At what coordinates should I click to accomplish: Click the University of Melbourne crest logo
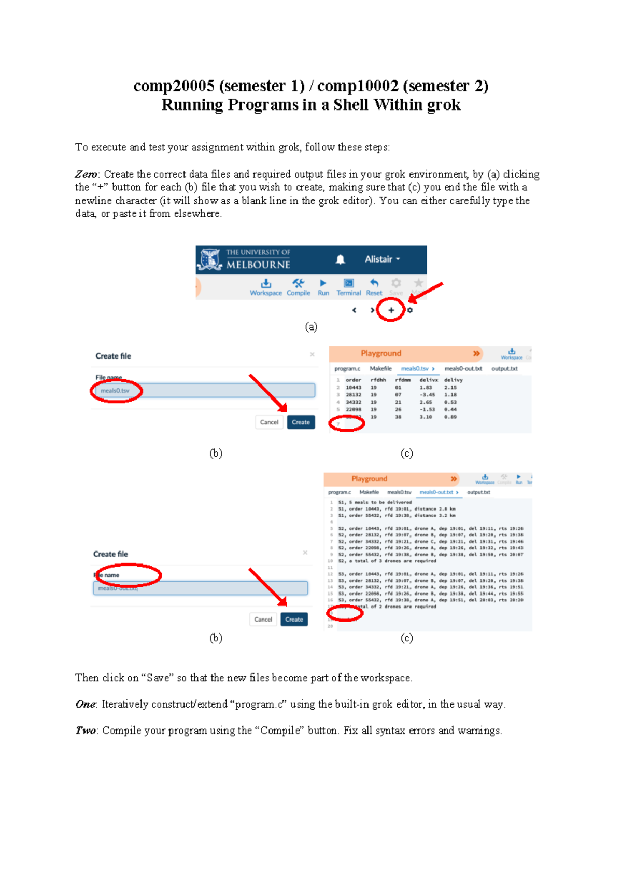pos(210,259)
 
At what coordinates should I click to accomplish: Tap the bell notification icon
pos(340,259)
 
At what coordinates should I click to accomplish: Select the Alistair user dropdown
pos(382,259)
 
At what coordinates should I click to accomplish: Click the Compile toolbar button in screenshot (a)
pos(298,286)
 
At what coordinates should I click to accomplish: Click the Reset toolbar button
pos(374,286)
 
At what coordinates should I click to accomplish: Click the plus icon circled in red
pos(391,310)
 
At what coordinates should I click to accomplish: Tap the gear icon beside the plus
pos(410,310)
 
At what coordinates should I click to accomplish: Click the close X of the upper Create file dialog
pos(312,354)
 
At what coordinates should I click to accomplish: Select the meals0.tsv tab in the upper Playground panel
pos(416,369)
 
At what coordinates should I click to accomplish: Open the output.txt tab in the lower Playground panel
pos(478,492)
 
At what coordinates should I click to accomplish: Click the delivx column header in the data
pos(428,380)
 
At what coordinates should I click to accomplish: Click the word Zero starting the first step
pos(86,174)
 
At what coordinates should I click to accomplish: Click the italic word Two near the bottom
pos(85,731)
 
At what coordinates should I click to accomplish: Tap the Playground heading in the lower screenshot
pos(369,479)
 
